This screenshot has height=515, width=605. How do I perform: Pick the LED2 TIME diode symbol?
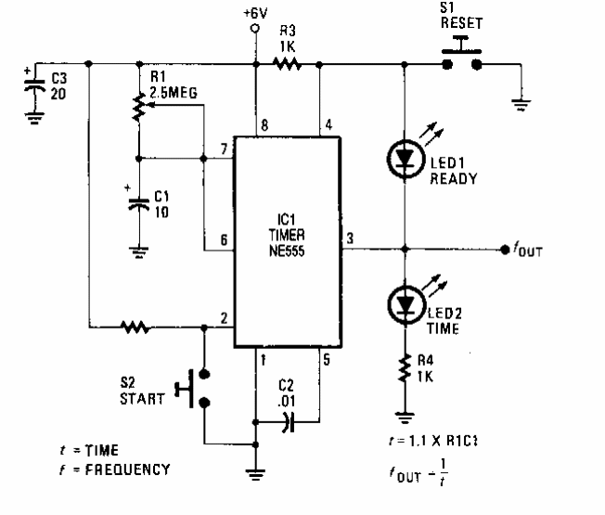click(405, 301)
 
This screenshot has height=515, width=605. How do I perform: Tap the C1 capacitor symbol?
click(137, 202)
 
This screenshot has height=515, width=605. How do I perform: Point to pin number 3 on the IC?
click(349, 238)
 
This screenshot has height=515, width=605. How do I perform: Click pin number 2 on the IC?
click(223, 318)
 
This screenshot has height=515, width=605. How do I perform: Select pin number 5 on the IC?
click(326, 357)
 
